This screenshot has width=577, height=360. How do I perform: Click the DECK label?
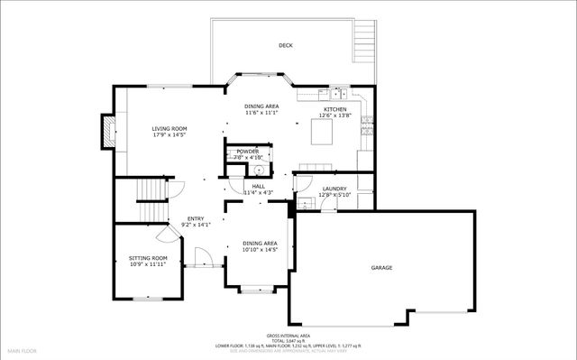pos(286,45)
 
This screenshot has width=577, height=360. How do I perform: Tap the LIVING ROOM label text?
pos(169,129)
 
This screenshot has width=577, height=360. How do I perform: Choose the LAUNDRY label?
pos(334,189)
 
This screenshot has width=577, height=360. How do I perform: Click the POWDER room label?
pos(247,151)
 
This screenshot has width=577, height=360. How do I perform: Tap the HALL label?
pos(258,186)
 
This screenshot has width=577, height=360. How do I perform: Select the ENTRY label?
pos(196,218)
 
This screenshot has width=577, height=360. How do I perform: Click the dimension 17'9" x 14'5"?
pos(169,135)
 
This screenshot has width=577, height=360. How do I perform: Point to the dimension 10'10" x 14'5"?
pos(258,249)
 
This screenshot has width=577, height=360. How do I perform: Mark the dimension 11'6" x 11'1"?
pos(261,113)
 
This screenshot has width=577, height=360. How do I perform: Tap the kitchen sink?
pos(339,93)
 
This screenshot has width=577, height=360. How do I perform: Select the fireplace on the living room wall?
pos(107,132)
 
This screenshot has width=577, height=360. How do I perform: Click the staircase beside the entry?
pos(151,198)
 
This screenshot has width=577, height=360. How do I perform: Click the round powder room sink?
pos(258,169)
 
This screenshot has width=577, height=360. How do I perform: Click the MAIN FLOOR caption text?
pos(23,349)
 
